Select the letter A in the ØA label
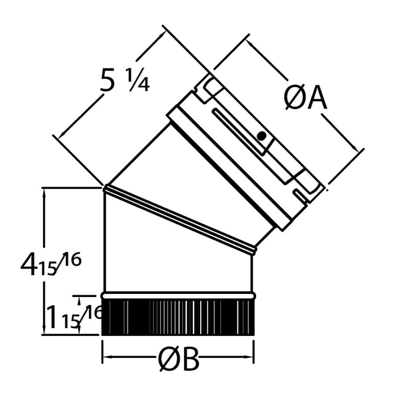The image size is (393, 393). coord(317,99)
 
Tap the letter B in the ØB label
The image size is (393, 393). coord(189,361)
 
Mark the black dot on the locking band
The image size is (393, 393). coord(261,136)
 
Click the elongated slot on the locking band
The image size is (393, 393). coord(238,131)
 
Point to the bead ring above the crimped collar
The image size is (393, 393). coord(178,296)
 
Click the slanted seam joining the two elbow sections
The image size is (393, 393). coord(179,220)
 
